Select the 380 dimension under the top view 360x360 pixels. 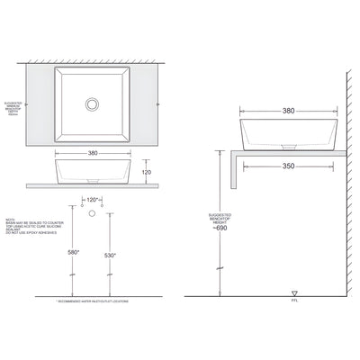point(92,153)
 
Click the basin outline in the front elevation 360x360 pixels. point(92,168)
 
